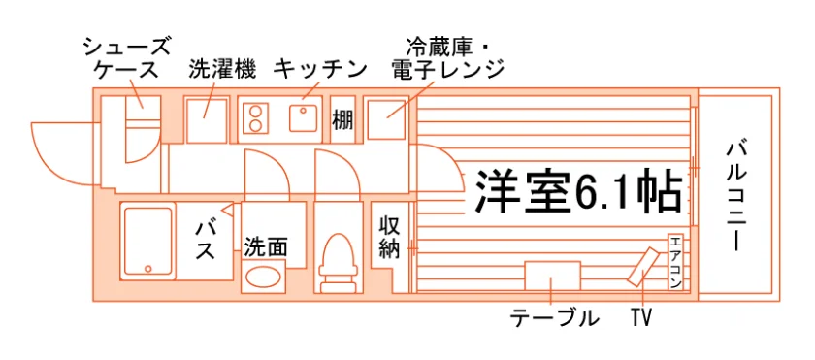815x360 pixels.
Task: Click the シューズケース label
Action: tap(127, 58)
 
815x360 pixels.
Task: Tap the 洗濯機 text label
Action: tap(222, 69)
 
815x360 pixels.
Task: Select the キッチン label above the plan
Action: tap(320, 69)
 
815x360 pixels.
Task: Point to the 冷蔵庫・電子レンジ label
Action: tap(447, 58)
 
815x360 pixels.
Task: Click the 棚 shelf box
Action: tap(342, 120)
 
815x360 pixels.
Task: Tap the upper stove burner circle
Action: tap(254, 111)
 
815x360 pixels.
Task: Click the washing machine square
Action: tap(207, 121)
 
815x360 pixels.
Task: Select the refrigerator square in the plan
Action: tap(386, 120)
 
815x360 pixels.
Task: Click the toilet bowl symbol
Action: tap(339, 255)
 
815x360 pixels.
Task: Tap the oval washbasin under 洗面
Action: tap(263, 277)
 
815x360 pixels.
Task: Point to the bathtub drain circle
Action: tap(148, 269)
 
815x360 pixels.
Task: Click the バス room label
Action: tap(206, 241)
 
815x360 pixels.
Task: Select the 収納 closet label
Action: tap(389, 237)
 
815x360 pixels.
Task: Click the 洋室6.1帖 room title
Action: tap(578, 190)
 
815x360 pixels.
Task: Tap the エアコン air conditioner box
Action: tap(675, 262)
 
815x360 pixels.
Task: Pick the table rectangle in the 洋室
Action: tap(552, 277)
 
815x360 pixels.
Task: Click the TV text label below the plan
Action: tap(642, 318)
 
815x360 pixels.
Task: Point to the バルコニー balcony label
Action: tap(736, 196)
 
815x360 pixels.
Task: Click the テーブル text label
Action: tap(554, 318)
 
